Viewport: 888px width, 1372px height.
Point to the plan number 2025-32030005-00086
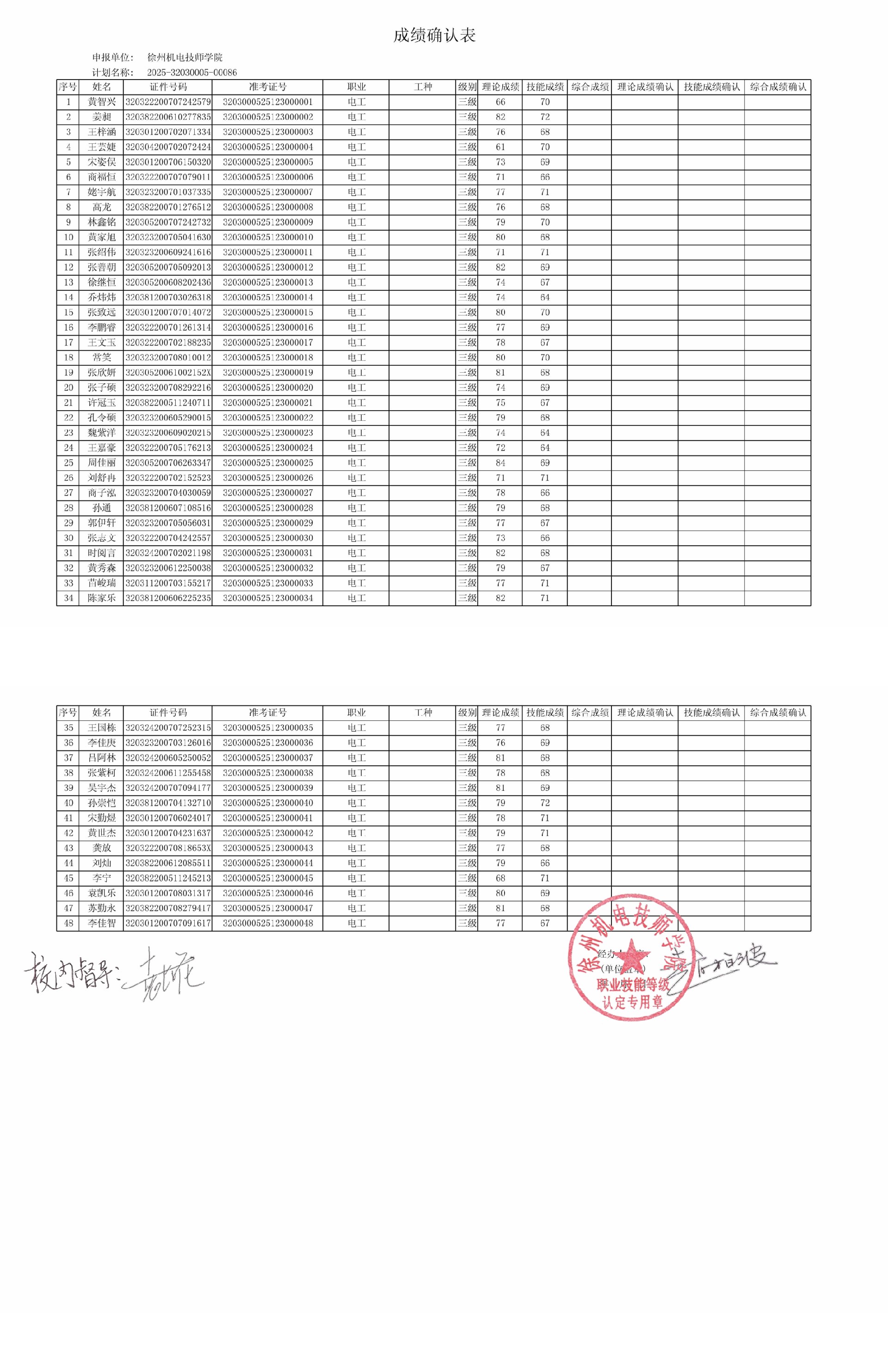click(x=191, y=73)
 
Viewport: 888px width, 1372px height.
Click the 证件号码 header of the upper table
click(x=168, y=87)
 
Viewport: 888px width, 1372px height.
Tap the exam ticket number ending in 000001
click(x=267, y=102)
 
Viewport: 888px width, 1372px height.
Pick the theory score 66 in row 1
click(x=500, y=102)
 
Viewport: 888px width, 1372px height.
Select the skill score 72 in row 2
click(x=544, y=117)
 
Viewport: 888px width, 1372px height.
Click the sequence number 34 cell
click(x=68, y=598)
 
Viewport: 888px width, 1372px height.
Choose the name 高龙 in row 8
click(x=101, y=207)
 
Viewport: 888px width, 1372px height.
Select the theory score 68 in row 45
click(x=500, y=878)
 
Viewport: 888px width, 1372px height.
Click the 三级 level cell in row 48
click(x=467, y=923)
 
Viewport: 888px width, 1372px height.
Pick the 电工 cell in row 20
click(x=356, y=388)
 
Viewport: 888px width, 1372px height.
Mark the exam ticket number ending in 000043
click(x=267, y=848)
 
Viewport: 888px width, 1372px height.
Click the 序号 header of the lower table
click(x=68, y=713)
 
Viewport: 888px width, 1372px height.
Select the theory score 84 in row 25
click(x=500, y=463)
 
